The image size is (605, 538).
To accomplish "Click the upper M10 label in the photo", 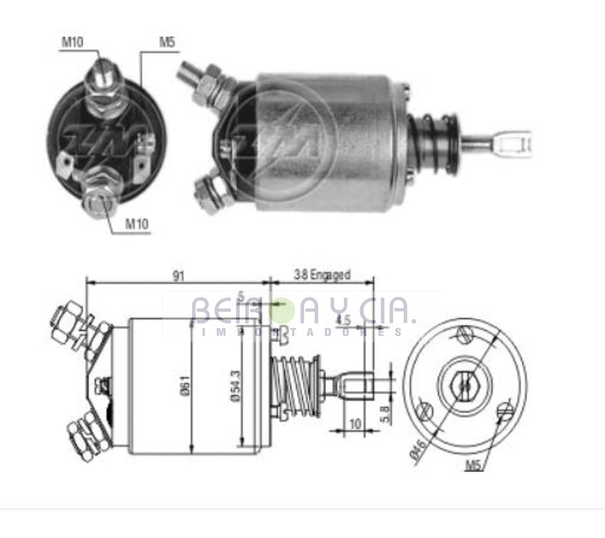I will coord(72,42).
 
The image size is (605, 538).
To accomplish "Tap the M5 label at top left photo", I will coord(167,42).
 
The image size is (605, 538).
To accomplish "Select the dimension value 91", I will coord(178,276).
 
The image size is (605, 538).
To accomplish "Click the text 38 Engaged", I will coord(322,275).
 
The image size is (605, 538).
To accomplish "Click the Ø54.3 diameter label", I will coord(236,386).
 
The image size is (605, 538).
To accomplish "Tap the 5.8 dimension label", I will coord(386,414).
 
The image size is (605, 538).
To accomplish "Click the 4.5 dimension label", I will coord(343,320).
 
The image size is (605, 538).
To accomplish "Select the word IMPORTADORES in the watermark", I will coord(302,332).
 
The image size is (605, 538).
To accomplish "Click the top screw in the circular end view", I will coord(465,334).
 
